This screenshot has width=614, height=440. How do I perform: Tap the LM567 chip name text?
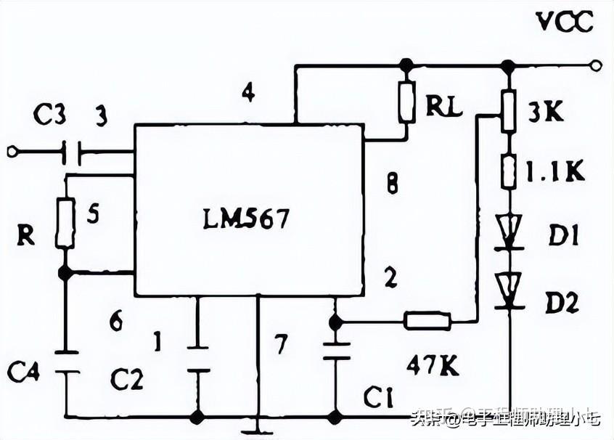[x=247, y=219]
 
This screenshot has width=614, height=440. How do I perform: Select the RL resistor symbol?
[x=406, y=102]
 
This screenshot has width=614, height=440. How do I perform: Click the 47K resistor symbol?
[x=427, y=320]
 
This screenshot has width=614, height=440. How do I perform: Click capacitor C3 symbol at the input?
[x=73, y=152]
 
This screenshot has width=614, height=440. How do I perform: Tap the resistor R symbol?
[x=64, y=222]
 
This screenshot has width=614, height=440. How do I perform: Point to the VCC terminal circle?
[x=596, y=66]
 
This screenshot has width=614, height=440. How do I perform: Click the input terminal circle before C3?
[x=11, y=152]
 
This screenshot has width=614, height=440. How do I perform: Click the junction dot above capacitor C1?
[x=335, y=320]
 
